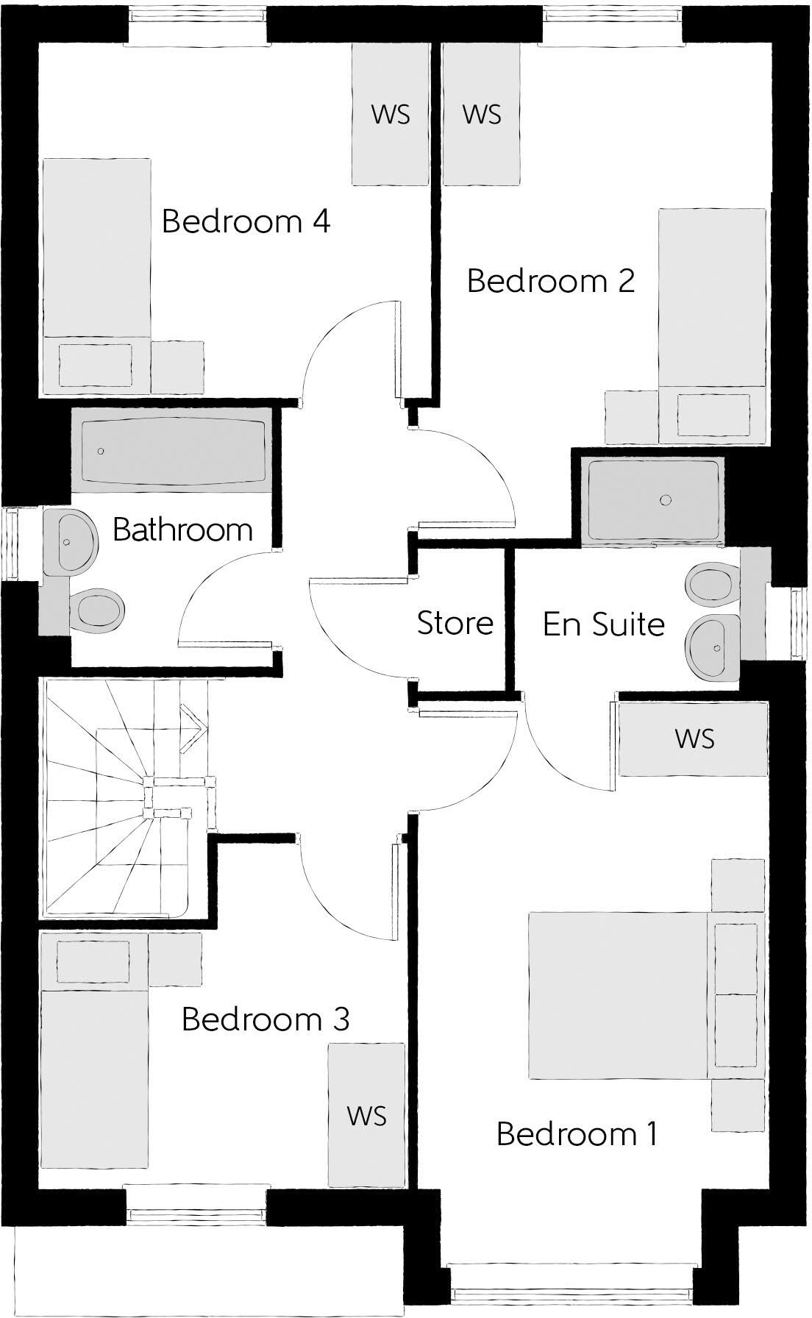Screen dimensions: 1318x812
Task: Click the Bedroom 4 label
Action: pyautogui.click(x=246, y=221)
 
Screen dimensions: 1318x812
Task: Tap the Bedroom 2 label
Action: pyautogui.click(x=550, y=281)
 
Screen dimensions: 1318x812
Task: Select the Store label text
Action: pyautogui.click(x=455, y=623)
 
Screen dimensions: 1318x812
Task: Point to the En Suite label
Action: pyautogui.click(x=603, y=624)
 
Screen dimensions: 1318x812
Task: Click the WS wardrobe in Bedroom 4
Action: pyautogui.click(x=390, y=114)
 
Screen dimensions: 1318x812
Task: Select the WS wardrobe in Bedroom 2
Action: pyautogui.click(x=482, y=114)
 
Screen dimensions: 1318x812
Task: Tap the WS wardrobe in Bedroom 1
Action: pyautogui.click(x=693, y=738)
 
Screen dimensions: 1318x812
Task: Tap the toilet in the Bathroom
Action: pyautogui.click(x=99, y=610)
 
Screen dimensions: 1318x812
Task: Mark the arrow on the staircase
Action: pyautogui.click(x=193, y=727)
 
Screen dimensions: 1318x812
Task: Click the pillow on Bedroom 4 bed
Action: pyautogui.click(x=96, y=364)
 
